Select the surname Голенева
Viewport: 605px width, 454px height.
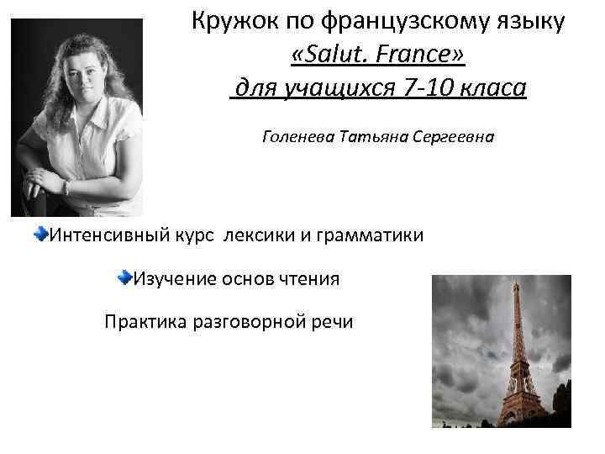click(298, 135)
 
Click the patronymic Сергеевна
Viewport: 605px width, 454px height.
click(453, 135)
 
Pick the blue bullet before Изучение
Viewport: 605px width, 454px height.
click(124, 277)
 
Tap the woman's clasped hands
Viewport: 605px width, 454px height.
click(46, 179)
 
